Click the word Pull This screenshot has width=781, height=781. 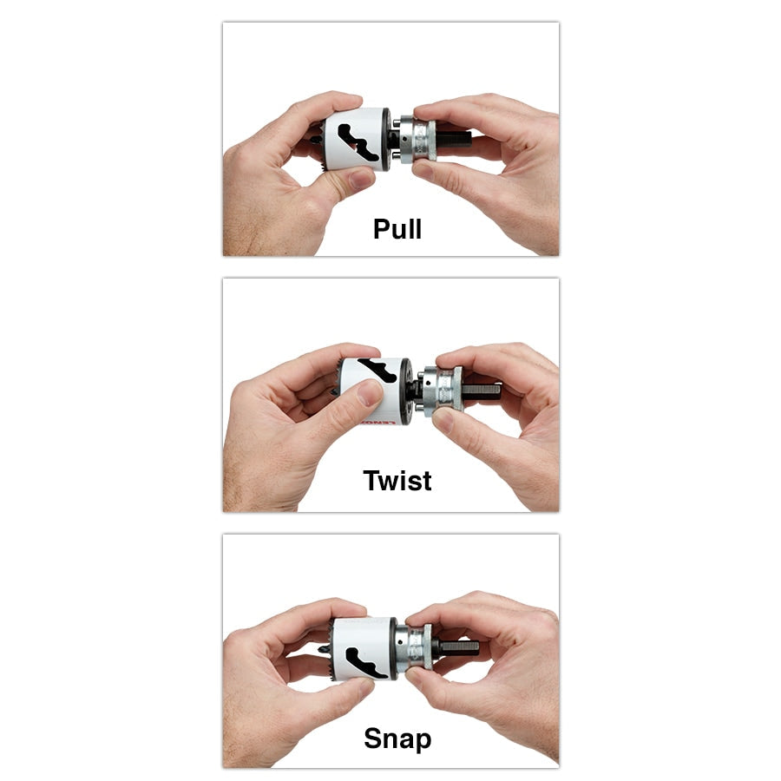pos(397,229)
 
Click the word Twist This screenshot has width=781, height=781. pos(397,481)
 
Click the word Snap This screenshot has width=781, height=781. pos(397,738)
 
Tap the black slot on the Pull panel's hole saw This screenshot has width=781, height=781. pos(358,143)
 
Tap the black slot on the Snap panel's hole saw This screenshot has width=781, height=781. pos(366,663)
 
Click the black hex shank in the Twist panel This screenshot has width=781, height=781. pos(481,390)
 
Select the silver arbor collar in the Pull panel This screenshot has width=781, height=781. pos(417,141)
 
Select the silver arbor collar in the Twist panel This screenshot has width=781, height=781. pos(443,389)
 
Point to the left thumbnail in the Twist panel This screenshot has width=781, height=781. pos(369,393)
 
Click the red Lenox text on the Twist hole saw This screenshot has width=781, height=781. pos(378,423)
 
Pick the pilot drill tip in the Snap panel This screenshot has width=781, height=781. pos(322,649)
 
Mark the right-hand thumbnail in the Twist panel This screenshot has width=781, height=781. pos(443,419)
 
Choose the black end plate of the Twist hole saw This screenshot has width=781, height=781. pos(406,391)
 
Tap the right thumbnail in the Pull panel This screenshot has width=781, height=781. pos(423,171)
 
